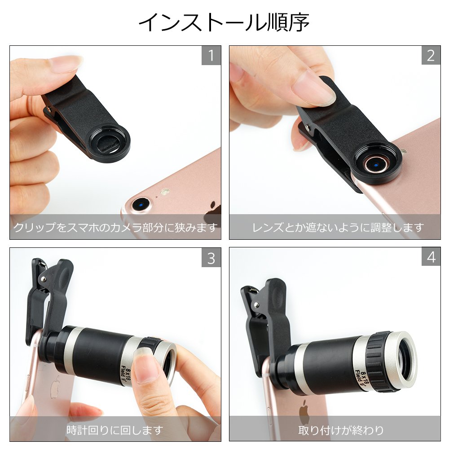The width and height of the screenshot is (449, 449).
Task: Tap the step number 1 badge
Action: (x=211, y=55)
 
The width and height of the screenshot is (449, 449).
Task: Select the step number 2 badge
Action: (x=431, y=55)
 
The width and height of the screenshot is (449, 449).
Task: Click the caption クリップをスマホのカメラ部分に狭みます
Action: (x=115, y=227)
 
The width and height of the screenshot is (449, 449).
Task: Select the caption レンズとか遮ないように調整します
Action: (x=338, y=227)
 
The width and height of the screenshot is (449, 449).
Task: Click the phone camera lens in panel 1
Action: (x=141, y=204)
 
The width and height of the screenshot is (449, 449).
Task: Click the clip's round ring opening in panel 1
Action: (x=109, y=143)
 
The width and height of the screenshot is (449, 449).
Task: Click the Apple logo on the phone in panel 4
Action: (x=304, y=412)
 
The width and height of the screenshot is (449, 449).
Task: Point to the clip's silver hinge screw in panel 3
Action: (x=43, y=279)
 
